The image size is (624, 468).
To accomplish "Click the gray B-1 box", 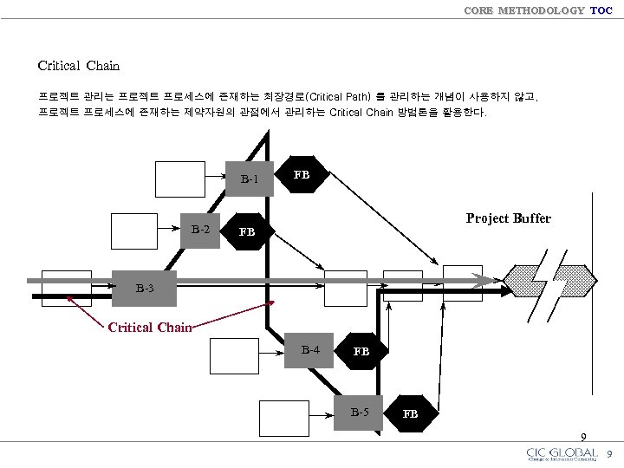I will pyautogui.click(x=250, y=179).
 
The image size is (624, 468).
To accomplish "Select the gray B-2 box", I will pyautogui.click(x=201, y=231).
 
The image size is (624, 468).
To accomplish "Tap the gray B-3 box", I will pyautogui.click(x=145, y=288).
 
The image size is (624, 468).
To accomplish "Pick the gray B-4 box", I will pyautogui.click(x=310, y=350).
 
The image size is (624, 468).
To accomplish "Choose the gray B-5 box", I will pyautogui.click(x=360, y=412).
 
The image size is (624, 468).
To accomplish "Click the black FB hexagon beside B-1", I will pyautogui.click(x=302, y=175).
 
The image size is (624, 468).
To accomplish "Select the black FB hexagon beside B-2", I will pyautogui.click(x=247, y=232).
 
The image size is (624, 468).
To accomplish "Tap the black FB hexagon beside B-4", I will pyautogui.click(x=361, y=352).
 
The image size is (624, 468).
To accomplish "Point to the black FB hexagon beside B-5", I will pyautogui.click(x=411, y=413).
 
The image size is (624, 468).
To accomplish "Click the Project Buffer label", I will pyautogui.click(x=508, y=218).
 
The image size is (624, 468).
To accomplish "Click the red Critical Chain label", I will pyautogui.click(x=149, y=328).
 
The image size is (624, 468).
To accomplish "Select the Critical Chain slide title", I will pyautogui.click(x=79, y=66).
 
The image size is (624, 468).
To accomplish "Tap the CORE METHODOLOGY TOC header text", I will pyautogui.click(x=537, y=10).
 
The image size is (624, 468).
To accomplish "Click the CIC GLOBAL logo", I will pyautogui.click(x=562, y=454).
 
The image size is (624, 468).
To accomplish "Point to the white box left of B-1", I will pyautogui.click(x=180, y=179).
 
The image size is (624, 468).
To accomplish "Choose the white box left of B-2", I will pyautogui.click(x=137, y=231).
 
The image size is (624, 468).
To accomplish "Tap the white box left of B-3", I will pyautogui.click(x=66, y=288).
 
